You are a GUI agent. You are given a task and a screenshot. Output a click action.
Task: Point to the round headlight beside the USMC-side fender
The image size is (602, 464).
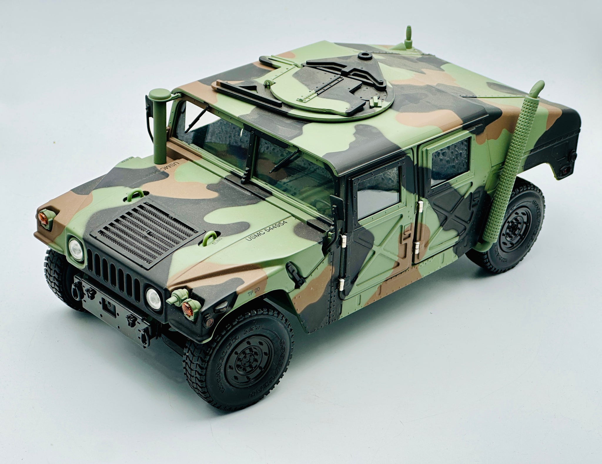click(x=153, y=297)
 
